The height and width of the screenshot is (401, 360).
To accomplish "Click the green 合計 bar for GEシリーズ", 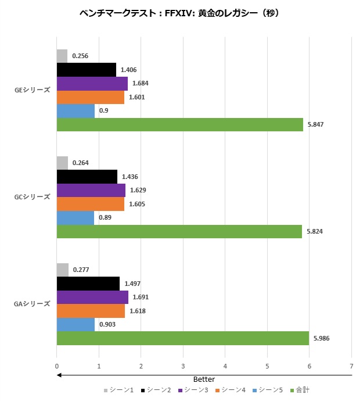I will tap(180, 124).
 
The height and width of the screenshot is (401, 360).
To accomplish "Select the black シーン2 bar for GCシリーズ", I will tap(87, 177).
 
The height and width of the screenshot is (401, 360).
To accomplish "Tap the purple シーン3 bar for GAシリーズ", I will tap(92, 297).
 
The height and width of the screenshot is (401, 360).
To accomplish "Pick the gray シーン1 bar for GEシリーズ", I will tap(62, 56).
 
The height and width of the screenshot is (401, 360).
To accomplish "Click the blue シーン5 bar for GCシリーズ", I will tap(75, 217).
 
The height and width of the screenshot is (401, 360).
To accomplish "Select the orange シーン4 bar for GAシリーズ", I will tap(91, 311).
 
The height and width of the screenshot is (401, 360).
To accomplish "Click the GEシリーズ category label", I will tap(33, 90).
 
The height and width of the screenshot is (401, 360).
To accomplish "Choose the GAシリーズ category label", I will tap(33, 304).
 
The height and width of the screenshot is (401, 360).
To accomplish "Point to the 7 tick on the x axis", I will tap(351, 366).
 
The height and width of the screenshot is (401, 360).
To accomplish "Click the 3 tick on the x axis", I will tap(183, 366).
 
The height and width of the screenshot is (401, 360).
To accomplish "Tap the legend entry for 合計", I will tap(303, 389).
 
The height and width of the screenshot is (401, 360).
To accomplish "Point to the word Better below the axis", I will tap(204, 379).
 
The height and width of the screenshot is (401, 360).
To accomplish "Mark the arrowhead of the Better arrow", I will tap(59, 375).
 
